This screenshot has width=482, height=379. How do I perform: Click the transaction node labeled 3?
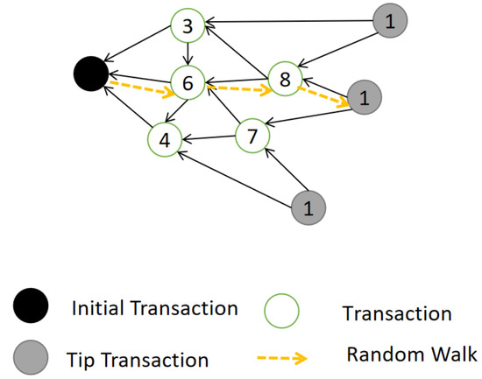point(187,25)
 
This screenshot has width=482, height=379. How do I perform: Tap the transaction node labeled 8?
point(285,80)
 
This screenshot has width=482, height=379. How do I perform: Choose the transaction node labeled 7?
point(252,135)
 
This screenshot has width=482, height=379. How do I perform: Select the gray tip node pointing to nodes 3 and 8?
point(388,22)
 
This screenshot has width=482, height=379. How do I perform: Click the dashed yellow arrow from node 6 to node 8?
point(237,88)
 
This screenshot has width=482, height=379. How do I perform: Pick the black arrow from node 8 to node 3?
point(238,54)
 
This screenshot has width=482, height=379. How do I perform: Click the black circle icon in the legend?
point(32,309)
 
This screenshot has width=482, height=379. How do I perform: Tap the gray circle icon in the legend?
point(32,357)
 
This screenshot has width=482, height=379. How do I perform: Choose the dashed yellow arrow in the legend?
point(283,357)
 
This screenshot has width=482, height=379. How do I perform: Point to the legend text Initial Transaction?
point(155,308)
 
